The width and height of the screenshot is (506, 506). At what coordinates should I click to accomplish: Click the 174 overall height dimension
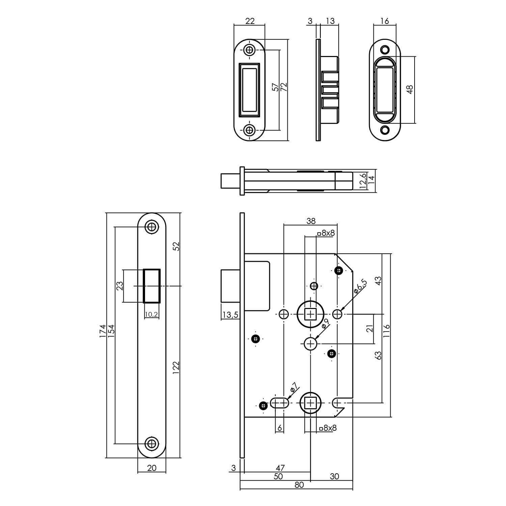click(103, 332)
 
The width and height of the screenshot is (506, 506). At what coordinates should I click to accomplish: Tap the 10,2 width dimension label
click(151, 315)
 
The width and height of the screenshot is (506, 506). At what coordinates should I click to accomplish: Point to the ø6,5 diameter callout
click(360, 286)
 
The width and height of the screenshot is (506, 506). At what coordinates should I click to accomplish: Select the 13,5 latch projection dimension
click(230, 315)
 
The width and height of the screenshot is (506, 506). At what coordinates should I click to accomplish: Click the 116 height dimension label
click(387, 331)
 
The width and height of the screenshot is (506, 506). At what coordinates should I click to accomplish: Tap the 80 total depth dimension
click(299, 485)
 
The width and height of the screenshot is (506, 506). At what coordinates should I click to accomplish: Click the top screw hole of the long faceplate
click(152, 227)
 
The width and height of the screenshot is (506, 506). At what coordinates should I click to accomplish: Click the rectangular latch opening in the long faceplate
click(152, 286)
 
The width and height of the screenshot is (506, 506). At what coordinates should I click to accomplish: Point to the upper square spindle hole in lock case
click(310, 314)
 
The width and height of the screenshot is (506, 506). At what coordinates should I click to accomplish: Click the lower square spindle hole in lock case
click(310, 403)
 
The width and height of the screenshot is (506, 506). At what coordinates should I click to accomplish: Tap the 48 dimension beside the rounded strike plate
click(410, 89)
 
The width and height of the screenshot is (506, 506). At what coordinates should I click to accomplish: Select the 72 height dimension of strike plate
click(284, 87)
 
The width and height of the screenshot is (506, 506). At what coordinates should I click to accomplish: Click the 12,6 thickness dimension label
click(363, 181)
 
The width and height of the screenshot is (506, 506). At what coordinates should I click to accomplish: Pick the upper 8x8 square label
click(326, 233)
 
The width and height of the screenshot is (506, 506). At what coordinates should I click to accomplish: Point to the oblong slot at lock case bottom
click(280, 403)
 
